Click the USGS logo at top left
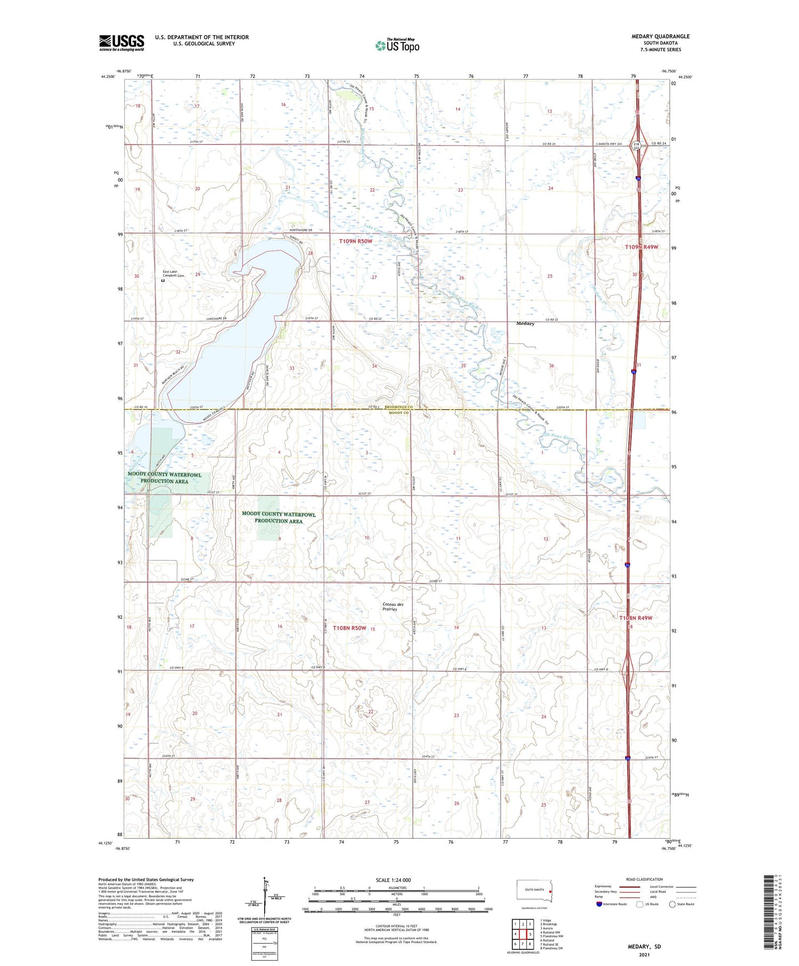click(121, 43)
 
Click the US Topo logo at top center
click(397, 45)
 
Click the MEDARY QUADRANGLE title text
click(660, 36)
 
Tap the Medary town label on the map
click(525, 323)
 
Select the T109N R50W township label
click(355, 241)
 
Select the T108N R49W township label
click(635, 618)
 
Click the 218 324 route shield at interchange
click(636, 145)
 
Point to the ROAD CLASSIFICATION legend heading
click(645, 879)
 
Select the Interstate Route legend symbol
click(599, 904)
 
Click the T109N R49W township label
click(641, 247)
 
